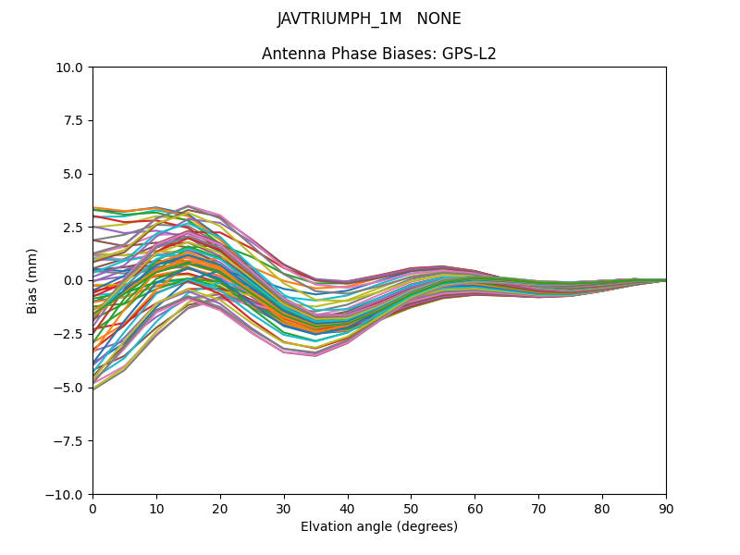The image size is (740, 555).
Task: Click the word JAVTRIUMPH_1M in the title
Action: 339,19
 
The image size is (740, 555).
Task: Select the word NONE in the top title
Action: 438,19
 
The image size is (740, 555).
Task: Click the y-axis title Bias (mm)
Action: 32,280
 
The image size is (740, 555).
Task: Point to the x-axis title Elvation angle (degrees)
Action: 379,527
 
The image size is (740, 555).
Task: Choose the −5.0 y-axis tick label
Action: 69,388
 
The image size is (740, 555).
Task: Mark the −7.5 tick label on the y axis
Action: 69,441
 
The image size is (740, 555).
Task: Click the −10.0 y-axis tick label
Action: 66,495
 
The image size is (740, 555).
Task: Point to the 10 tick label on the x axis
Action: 156,508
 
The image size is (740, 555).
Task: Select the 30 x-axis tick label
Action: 284,508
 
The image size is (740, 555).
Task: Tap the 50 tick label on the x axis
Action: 411,508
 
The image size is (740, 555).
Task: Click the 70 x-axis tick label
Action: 538,508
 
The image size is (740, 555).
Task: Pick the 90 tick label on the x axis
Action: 666,508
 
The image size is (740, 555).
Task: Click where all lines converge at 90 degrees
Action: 665,280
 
